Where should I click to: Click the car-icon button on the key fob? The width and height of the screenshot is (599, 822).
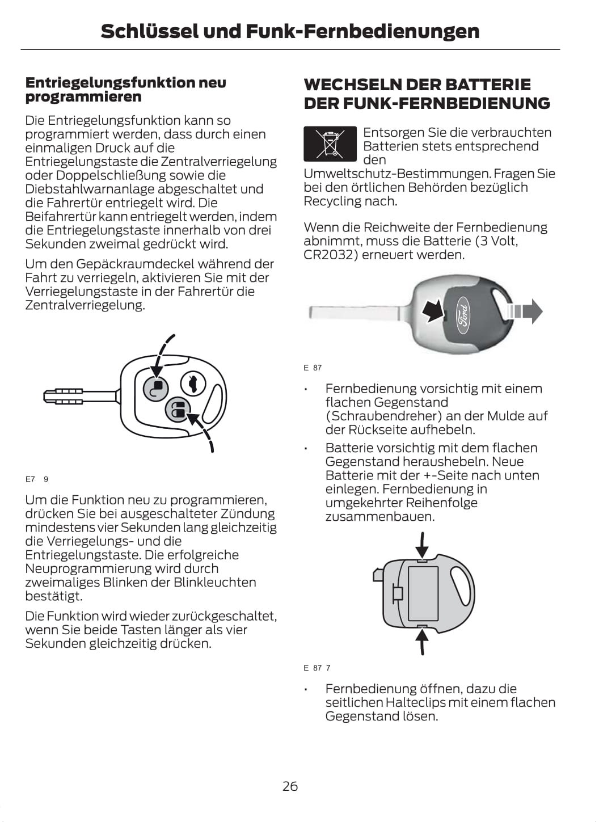coord(193,383)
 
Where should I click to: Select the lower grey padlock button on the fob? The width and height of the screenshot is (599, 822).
coord(178,410)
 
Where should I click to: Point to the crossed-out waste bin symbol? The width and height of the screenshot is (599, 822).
coord(330,144)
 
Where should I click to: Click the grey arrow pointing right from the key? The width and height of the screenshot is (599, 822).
coord(525,311)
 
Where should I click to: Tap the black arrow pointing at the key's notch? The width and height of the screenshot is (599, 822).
coord(434,310)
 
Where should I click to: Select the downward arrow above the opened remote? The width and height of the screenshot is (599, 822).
coord(421,545)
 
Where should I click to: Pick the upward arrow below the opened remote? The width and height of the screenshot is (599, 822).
coord(421,640)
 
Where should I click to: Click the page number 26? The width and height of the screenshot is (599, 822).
coord(290,786)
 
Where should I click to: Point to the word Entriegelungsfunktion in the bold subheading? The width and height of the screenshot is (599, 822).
coord(110,83)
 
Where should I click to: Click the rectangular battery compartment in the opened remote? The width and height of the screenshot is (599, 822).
coord(423,593)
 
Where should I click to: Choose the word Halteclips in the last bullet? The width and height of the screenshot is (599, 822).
coord(416,702)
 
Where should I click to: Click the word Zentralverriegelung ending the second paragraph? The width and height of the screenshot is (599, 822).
coord(85,305)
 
